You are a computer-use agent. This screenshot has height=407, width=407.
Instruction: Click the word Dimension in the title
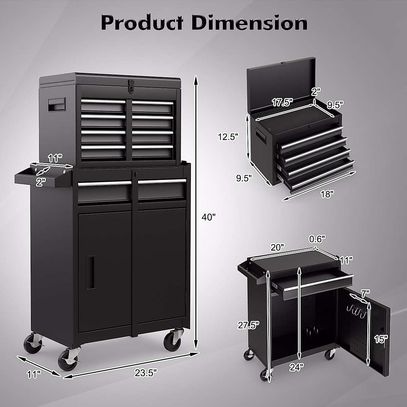tap(249, 24)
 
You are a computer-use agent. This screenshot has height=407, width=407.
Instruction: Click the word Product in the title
tap(142, 24)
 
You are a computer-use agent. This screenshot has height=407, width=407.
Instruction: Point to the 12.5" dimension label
tap(228, 137)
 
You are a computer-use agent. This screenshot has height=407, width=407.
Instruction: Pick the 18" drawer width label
tap(327, 194)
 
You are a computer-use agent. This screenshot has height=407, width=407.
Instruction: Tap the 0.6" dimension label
tap(317, 239)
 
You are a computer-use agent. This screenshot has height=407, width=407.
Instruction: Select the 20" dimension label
tap(278, 247)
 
